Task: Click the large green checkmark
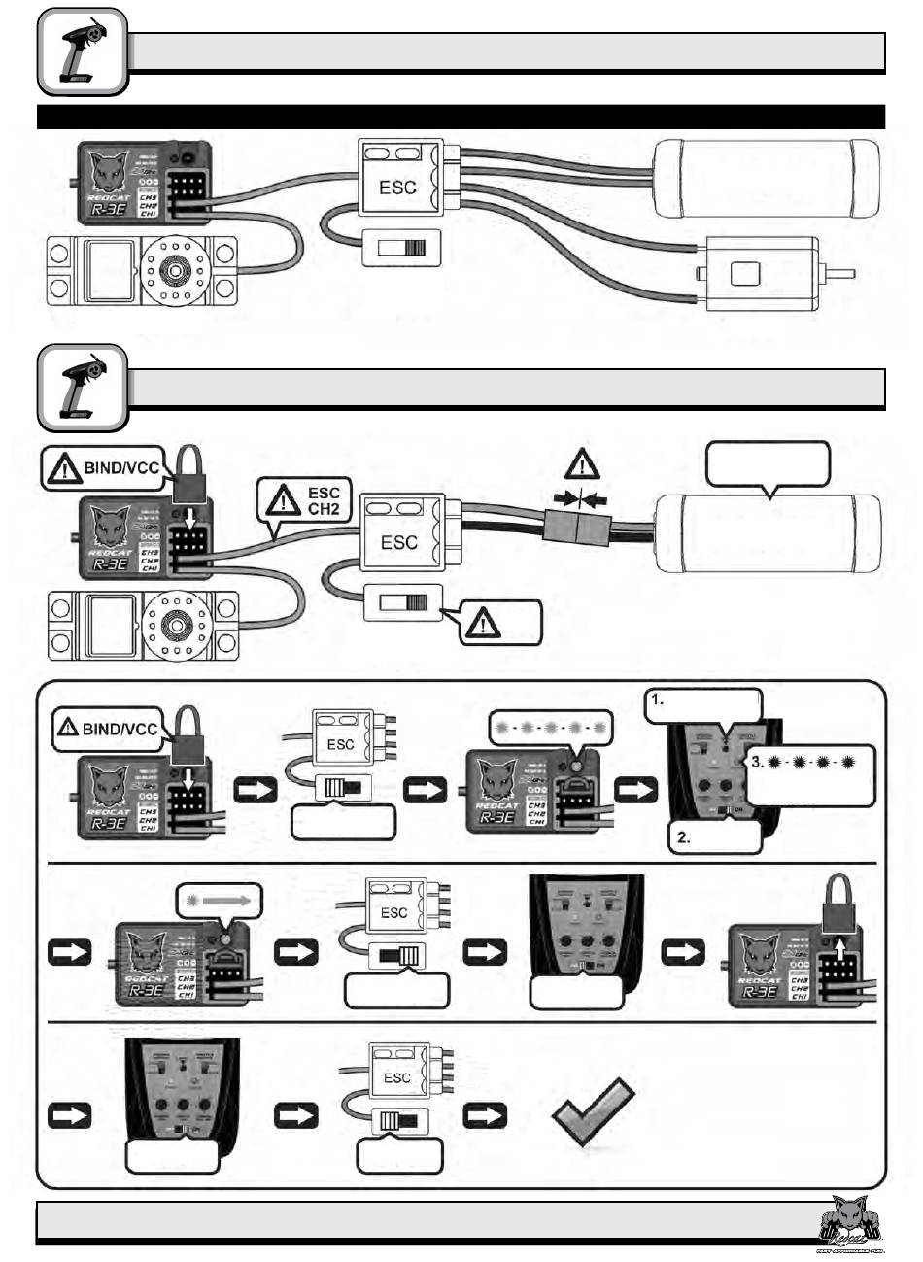click(594, 1114)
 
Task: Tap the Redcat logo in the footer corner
click(848, 1221)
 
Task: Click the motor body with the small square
click(759, 274)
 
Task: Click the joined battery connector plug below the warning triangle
click(578, 529)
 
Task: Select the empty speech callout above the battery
click(768, 464)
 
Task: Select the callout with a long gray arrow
click(219, 900)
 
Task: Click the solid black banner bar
click(461, 117)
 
